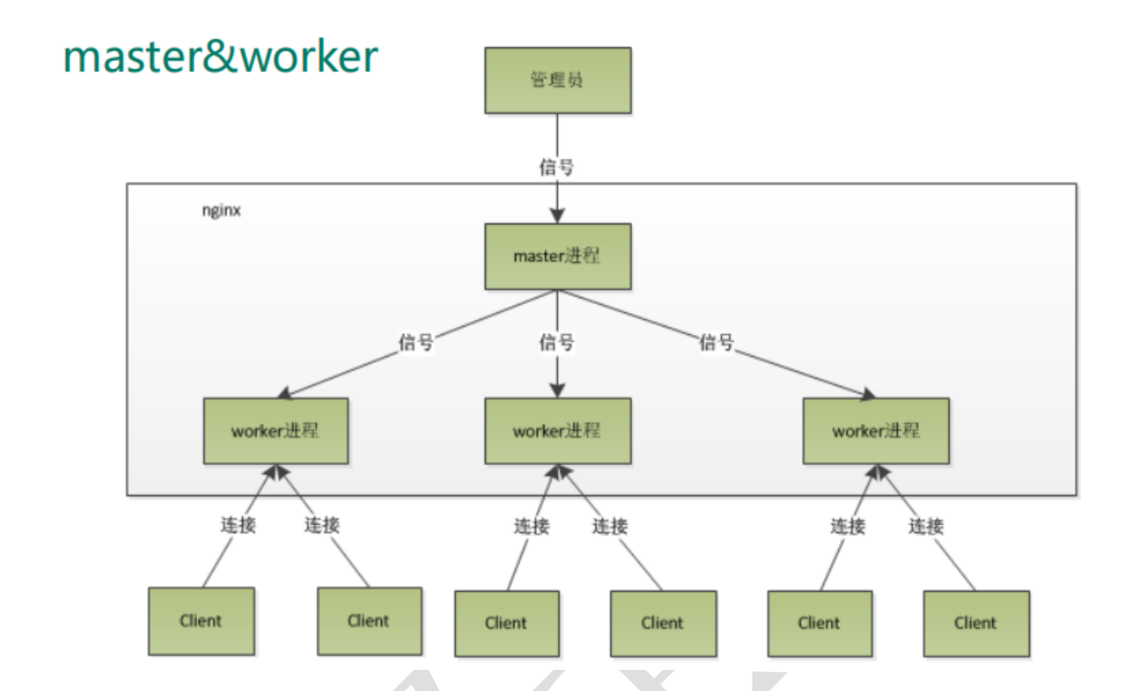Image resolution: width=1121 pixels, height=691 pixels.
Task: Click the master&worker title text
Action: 221,56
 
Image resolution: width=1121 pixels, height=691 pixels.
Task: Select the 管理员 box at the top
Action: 557,80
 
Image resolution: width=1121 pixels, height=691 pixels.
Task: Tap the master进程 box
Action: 557,256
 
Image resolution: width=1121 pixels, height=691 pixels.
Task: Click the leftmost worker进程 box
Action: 275,431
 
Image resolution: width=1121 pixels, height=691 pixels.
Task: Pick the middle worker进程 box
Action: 557,431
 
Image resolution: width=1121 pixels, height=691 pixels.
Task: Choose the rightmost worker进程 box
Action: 876,431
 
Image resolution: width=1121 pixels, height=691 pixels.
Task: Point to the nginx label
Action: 221,211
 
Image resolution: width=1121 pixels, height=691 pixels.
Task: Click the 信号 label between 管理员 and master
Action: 557,167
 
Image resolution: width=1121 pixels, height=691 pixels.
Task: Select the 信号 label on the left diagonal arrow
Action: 415,343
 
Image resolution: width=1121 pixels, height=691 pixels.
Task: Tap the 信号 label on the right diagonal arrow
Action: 716,343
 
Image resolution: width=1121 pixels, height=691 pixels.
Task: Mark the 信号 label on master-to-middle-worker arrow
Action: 557,343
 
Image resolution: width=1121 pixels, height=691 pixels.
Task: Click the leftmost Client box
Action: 200,621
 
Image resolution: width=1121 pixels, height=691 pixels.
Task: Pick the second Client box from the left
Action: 369,621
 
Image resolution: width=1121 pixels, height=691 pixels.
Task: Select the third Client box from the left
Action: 507,623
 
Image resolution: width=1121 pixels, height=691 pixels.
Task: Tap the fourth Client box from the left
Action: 663,623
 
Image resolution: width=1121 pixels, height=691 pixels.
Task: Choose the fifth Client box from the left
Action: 820,623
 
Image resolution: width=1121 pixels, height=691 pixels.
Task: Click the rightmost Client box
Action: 976,623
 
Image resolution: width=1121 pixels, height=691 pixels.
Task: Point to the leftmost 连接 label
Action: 239,526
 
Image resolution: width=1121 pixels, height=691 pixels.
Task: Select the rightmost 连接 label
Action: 926,526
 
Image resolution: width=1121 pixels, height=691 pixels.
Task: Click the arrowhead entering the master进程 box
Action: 557,216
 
